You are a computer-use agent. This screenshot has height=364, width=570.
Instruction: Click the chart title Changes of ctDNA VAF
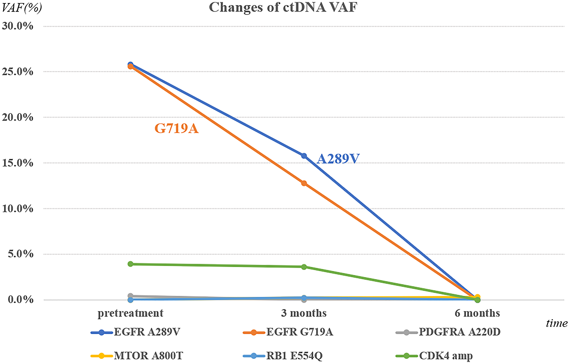[283, 7]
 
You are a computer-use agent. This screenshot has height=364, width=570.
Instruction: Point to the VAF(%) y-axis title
[22, 7]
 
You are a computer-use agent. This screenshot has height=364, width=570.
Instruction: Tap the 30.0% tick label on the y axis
[18, 26]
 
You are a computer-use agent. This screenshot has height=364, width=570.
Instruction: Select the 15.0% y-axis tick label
[18, 163]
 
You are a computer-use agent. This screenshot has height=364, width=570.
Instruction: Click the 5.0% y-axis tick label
[21, 254]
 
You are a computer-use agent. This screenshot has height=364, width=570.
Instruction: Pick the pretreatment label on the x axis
[130, 313]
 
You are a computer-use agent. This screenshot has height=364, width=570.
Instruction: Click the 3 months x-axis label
[304, 313]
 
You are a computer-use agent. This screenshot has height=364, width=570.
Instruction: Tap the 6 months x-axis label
[477, 313]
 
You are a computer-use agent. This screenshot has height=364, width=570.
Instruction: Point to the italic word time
[557, 323]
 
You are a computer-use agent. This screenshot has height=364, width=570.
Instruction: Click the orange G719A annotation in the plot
[176, 129]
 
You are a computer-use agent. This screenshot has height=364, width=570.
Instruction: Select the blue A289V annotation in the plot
[338, 159]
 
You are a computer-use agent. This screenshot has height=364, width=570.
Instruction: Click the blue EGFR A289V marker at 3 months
[304, 156]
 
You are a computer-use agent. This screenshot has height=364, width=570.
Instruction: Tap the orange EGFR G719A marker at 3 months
[304, 183]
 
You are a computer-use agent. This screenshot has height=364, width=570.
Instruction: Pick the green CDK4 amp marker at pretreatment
[131, 264]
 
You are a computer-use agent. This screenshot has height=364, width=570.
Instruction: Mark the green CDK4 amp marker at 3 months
[304, 267]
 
